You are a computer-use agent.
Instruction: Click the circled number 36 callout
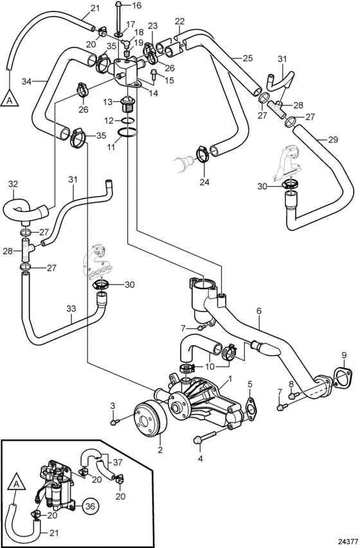coord(90,506)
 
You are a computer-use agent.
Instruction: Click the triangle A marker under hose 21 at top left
coord(10,97)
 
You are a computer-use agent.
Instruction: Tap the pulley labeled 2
coord(150,420)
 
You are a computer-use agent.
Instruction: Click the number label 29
coord(334,140)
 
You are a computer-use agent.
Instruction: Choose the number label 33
coord(71,309)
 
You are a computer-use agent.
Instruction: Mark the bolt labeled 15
coord(154,75)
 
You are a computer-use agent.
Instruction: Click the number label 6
coord(259,310)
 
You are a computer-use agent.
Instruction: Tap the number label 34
coord(26,82)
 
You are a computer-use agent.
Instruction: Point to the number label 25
coord(248,58)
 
